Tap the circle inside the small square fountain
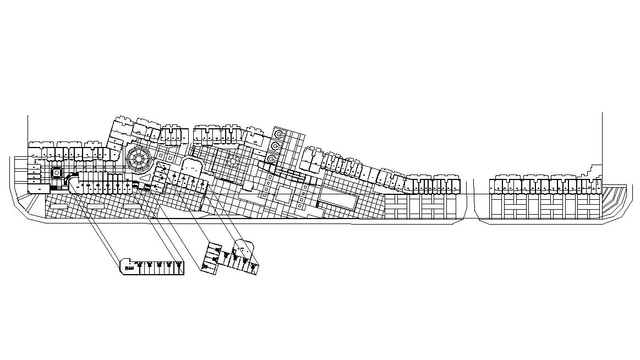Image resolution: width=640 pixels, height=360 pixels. click(56, 172)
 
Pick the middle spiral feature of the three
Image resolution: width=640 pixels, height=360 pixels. click(275, 146)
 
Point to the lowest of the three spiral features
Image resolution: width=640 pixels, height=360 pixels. click(271, 158)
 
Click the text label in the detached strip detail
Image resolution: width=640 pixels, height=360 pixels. click(129, 269)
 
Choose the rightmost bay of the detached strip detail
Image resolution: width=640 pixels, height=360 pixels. click(179, 268)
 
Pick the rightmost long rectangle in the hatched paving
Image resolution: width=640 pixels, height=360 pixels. click(132, 204)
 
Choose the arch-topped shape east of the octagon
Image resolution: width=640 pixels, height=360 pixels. click(192, 165)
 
